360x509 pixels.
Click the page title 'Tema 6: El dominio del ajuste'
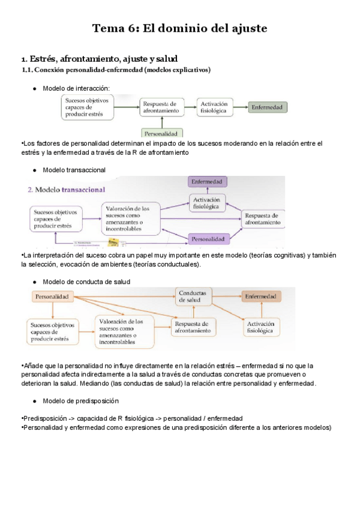[x=179, y=28]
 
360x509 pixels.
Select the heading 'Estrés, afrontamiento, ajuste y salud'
[x=101, y=59]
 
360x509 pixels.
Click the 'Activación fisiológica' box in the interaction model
[x=214, y=107]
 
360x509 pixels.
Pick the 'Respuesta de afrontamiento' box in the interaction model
[x=161, y=107]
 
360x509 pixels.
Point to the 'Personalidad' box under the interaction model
[x=162, y=133]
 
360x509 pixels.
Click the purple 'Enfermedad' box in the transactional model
[x=207, y=181]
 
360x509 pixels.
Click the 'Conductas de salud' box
[x=194, y=296]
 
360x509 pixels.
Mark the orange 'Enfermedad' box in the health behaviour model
[x=260, y=297]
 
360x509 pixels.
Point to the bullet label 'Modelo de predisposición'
[x=80, y=400]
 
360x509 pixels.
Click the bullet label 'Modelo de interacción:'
[x=76, y=88]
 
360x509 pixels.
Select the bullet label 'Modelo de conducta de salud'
[x=86, y=281]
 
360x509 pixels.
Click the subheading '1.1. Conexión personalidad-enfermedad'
[x=116, y=70]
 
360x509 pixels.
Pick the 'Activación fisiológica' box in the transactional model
[x=207, y=203]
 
